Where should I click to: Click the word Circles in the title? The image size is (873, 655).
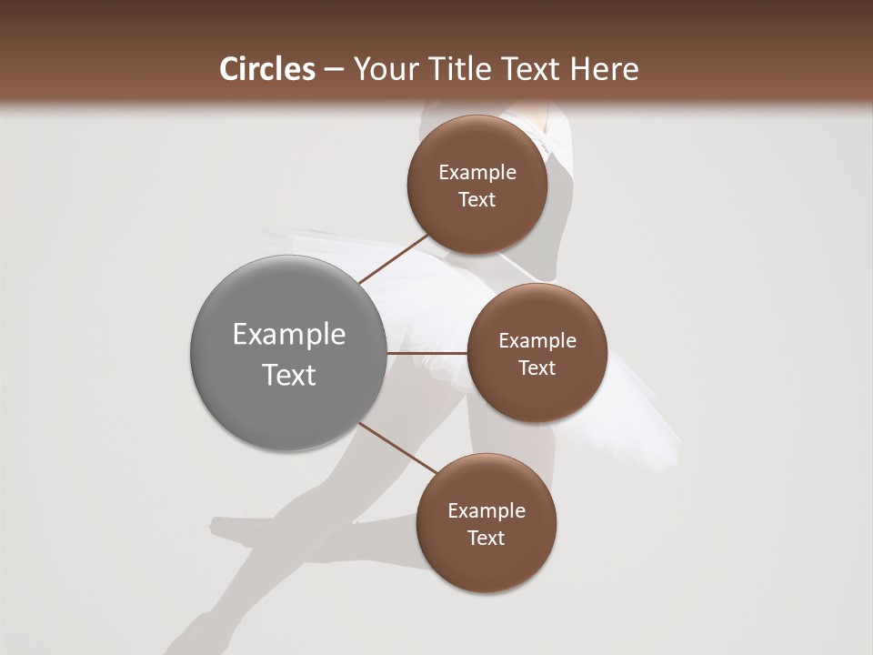click(267, 69)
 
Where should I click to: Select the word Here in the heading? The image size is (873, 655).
click(604, 69)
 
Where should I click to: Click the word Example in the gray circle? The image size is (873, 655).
click(289, 335)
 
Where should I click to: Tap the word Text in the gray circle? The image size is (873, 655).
click(289, 375)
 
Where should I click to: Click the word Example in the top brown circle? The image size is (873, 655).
click(477, 173)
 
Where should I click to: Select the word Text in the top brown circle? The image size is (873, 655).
click(477, 200)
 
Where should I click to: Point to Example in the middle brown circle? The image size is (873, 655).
click(537, 341)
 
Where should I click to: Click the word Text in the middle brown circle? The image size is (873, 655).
click(537, 368)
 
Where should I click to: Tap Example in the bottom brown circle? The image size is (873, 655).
click(487, 511)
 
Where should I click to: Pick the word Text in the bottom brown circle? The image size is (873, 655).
click(487, 539)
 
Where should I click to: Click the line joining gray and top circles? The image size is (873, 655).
click(394, 259)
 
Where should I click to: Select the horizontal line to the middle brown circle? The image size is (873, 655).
click(426, 352)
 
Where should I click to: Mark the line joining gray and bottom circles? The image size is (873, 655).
click(397, 448)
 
